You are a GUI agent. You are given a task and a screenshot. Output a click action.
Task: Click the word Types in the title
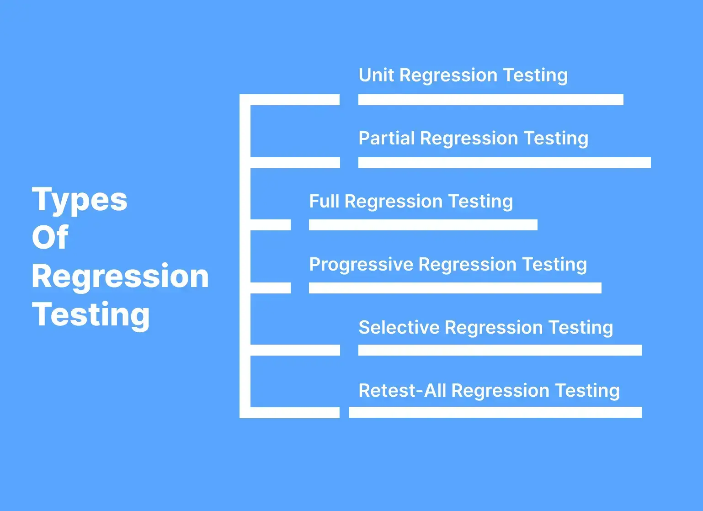pyautogui.click(x=80, y=200)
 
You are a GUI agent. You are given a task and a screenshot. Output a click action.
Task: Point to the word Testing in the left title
pyautogui.click(x=91, y=315)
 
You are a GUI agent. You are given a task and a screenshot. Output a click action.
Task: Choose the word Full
pyautogui.click(x=324, y=201)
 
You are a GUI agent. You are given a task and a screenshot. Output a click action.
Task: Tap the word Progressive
pyautogui.click(x=361, y=265)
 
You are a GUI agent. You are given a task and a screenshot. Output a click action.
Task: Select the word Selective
pyautogui.click(x=399, y=327)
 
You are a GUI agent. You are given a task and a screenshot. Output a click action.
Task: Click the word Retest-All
pyautogui.click(x=402, y=390)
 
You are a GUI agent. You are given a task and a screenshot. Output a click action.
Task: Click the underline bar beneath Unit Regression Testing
pyautogui.click(x=491, y=100)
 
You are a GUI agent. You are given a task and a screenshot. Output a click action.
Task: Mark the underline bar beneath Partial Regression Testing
pyautogui.click(x=505, y=163)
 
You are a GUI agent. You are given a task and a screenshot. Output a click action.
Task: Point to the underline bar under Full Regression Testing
pyautogui.click(x=423, y=225)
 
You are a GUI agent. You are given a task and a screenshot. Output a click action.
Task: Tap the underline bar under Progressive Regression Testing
pyautogui.click(x=455, y=288)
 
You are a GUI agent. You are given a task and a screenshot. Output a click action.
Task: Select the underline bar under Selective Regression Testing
pyautogui.click(x=500, y=350)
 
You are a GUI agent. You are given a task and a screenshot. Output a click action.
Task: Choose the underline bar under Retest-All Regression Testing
pyautogui.click(x=495, y=412)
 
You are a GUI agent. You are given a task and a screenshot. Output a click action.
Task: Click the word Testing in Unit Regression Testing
pyautogui.click(x=535, y=76)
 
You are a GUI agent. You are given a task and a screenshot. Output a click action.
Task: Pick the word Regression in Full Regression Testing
pyautogui.click(x=394, y=202)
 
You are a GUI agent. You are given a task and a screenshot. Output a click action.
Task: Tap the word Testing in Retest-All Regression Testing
pyautogui.click(x=587, y=391)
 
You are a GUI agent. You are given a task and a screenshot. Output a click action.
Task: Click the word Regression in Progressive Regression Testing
pyautogui.click(x=468, y=265)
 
